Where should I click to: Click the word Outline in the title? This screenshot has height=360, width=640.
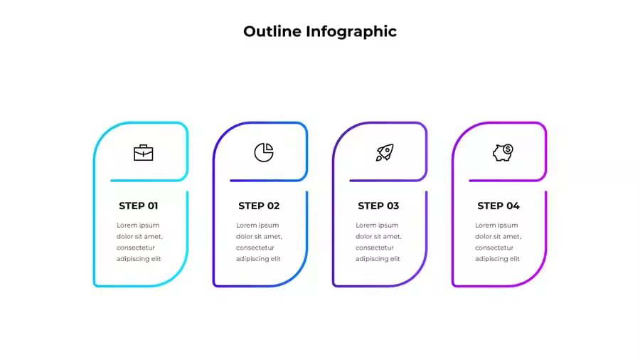coord(272,31)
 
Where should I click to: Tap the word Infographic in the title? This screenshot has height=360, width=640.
coord(351,32)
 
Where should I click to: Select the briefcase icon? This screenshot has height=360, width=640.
coord(143,153)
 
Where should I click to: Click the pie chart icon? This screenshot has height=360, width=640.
coord(264,152)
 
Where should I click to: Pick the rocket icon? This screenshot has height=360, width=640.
coord(385,152)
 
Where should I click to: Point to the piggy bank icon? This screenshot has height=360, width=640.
coord(503,152)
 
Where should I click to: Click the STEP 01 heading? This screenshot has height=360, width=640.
coord(139,206)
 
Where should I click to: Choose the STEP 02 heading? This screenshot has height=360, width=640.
coord(259,206)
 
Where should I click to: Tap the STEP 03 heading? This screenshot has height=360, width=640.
coord(378,206)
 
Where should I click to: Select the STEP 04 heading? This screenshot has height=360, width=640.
coord(498,206)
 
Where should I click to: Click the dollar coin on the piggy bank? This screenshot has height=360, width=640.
coord(508,149)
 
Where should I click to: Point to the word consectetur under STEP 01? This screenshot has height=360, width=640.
coord(136,248)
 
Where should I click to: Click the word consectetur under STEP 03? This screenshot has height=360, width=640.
coord(375,248)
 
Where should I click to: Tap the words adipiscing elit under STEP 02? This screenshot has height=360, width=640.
coord(258,259)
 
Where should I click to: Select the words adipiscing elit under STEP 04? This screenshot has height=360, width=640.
coord(497,259)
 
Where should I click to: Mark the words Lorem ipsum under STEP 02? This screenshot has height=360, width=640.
coord(257,226)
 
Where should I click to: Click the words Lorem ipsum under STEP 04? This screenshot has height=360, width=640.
coord(496,226)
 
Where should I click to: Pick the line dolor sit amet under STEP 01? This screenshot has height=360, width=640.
coord(139,236)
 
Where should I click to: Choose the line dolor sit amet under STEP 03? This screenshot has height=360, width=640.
coord(378,236)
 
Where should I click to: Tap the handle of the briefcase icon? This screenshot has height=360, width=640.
coord(143,146)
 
